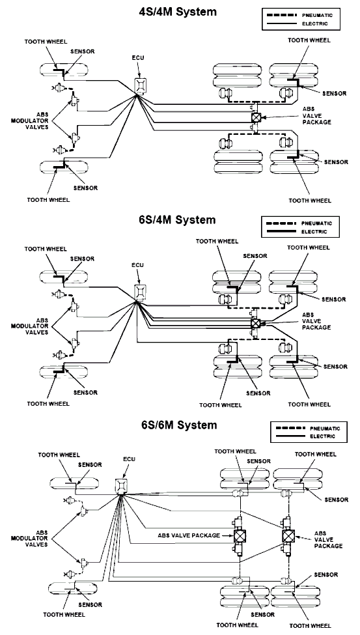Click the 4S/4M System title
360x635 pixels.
[178, 12]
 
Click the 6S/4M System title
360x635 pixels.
[178, 220]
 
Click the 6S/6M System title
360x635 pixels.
[179, 425]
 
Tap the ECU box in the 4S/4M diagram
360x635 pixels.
[140, 85]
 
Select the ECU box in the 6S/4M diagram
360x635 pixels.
[140, 292]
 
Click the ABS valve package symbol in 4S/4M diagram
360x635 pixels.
[256, 117]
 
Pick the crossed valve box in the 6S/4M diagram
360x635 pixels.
[256, 323]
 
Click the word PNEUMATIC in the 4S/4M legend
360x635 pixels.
[317, 15]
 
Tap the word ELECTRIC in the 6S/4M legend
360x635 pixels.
[314, 232]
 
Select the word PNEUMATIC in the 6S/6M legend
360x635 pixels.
[325, 428]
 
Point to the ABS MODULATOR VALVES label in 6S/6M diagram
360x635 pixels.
[35, 538]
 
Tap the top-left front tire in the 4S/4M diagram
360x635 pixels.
[64, 71]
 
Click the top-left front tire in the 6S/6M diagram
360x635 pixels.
[74, 483]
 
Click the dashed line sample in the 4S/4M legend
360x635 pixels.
[283, 15]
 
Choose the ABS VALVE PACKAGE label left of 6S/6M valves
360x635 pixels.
[189, 535]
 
